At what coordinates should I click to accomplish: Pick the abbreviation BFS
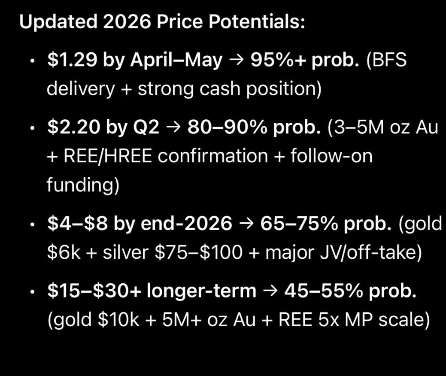(x=388, y=61)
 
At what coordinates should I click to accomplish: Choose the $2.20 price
(x=72, y=127)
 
